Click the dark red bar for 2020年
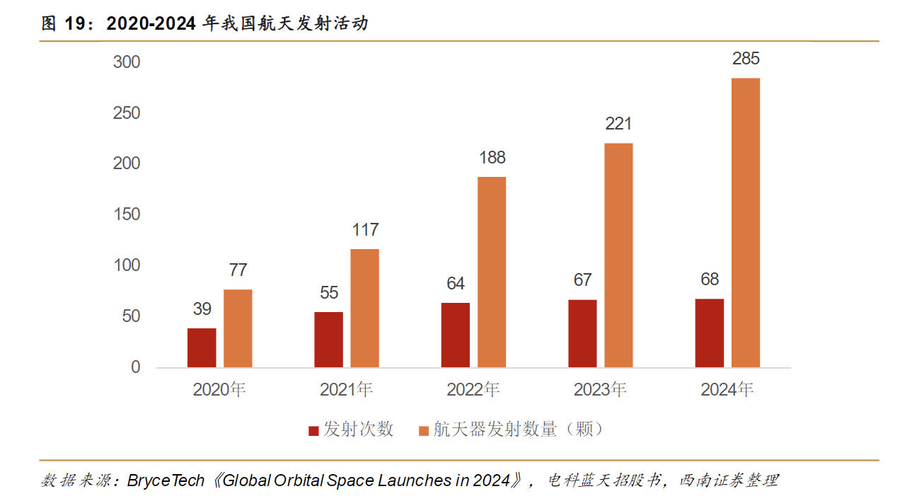(x=202, y=347)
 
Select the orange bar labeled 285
(x=746, y=222)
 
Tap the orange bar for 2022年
(x=492, y=272)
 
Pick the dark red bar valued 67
(x=582, y=333)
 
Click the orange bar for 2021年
(x=365, y=308)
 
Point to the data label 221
(x=618, y=124)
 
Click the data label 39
(x=202, y=309)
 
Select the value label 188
(x=492, y=157)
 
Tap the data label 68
(x=709, y=280)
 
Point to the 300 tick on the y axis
(x=127, y=62)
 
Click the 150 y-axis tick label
(x=127, y=214)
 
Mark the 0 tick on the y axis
(x=135, y=367)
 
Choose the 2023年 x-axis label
(x=600, y=389)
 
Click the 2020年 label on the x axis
(x=219, y=389)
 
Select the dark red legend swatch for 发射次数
(x=313, y=430)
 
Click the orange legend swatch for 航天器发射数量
(x=424, y=430)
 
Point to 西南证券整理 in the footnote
(x=729, y=481)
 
